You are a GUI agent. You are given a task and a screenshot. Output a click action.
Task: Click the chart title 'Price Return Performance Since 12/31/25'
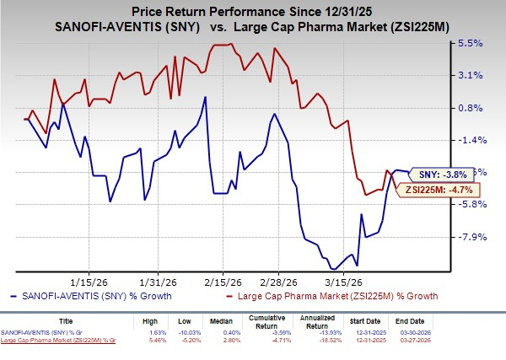[252, 10]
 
